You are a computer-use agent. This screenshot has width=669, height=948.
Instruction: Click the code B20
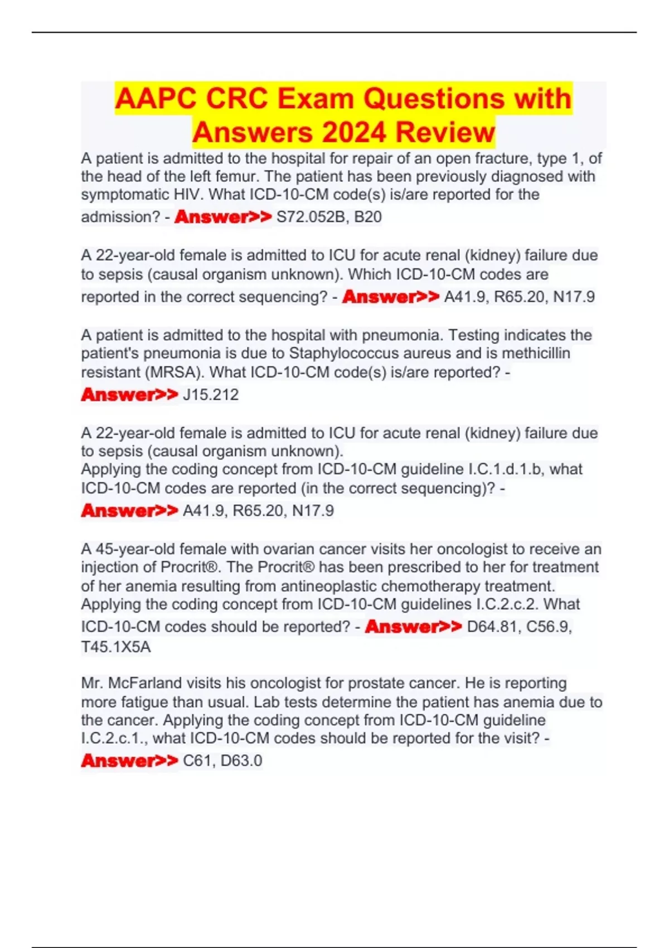(x=368, y=217)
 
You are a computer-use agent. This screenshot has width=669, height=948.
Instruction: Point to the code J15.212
(x=211, y=395)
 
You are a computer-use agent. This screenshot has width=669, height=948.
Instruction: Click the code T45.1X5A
(x=116, y=647)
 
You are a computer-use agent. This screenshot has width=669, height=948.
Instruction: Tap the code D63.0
(x=241, y=761)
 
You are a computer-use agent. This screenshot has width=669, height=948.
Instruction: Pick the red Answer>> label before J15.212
(x=129, y=395)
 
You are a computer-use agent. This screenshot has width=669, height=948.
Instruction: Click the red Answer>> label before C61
(x=129, y=761)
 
